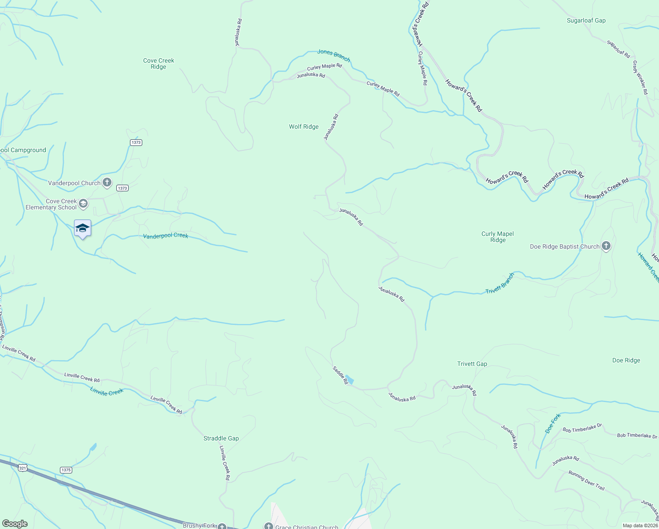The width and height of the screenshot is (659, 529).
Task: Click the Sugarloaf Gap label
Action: coord(586,21)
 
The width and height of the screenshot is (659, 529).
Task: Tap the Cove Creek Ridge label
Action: coord(159,63)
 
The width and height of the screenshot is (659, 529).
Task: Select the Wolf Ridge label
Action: coord(304,127)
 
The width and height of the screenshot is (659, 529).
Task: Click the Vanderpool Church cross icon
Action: coord(107,183)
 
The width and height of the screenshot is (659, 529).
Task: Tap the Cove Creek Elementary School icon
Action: coord(83,204)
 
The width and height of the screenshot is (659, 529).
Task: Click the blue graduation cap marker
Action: coord(82,228)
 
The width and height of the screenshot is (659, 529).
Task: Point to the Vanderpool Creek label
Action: coord(166,236)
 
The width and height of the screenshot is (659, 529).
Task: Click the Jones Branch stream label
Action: coord(333,55)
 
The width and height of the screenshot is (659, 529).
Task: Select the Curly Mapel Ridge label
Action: coord(498,237)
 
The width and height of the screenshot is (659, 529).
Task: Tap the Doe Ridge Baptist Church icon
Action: coord(606,246)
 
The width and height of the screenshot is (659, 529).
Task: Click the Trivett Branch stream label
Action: coord(500,283)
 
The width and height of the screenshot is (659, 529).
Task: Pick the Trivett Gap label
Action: coord(472,364)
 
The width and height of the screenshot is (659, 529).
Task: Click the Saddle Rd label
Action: coord(340,375)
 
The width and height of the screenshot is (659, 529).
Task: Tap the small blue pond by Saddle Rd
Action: coord(349,380)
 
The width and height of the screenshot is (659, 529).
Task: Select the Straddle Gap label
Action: coord(221,438)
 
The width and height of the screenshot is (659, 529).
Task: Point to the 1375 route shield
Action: coord(66,470)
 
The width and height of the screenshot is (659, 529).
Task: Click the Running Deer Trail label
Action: coord(586,481)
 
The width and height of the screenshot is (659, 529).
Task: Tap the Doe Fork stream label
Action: coord(553,423)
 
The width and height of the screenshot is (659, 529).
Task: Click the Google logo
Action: coord(15,524)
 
